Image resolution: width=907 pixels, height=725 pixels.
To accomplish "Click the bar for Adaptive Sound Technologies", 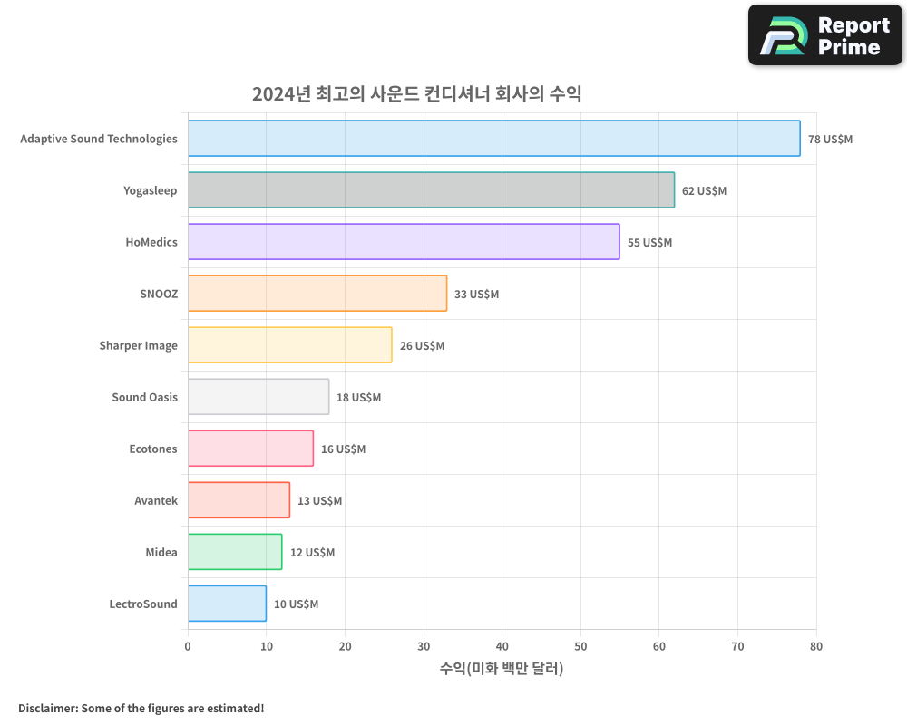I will pyautogui.click(x=493, y=139).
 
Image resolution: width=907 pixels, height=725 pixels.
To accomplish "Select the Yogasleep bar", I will pyautogui.click(x=431, y=190).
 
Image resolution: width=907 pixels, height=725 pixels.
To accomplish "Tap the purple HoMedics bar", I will pyautogui.click(x=404, y=242).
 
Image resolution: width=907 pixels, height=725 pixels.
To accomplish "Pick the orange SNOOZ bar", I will pyautogui.click(x=317, y=294).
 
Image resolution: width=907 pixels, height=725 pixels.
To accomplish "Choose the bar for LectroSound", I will pyautogui.click(x=227, y=604).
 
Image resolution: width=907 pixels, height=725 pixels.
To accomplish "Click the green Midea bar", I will pyautogui.click(x=235, y=552).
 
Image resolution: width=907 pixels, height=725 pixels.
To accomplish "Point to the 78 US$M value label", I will pyautogui.click(x=830, y=140).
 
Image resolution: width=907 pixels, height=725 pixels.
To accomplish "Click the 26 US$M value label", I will pyautogui.click(x=422, y=346).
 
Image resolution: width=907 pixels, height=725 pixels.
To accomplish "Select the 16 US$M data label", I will pyautogui.click(x=343, y=449).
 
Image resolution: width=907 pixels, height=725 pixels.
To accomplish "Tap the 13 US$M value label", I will pyautogui.click(x=319, y=501).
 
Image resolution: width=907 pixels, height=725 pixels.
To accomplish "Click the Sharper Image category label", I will pyautogui.click(x=138, y=345).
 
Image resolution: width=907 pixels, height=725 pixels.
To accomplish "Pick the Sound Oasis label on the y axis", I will pyautogui.click(x=144, y=397).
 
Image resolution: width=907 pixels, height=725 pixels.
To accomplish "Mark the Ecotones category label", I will pyautogui.click(x=153, y=449).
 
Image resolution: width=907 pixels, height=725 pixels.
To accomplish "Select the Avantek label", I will pyautogui.click(x=156, y=500).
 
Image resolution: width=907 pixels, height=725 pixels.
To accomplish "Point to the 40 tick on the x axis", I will pyautogui.click(x=502, y=646).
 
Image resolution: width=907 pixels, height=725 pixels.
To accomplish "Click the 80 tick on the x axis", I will pyautogui.click(x=816, y=646).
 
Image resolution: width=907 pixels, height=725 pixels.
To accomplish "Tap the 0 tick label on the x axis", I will pyautogui.click(x=188, y=646).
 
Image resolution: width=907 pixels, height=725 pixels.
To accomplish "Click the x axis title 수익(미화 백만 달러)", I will pyautogui.click(x=502, y=669).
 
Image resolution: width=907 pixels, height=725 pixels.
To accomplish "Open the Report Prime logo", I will pyautogui.click(x=825, y=35).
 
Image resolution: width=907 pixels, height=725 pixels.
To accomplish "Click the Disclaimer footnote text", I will pyautogui.click(x=141, y=708).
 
